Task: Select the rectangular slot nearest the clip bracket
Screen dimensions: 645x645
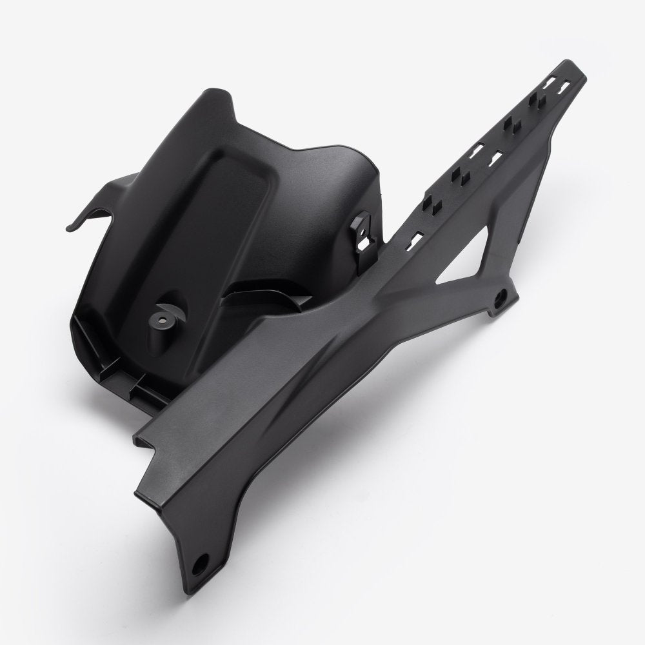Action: tap(415, 240)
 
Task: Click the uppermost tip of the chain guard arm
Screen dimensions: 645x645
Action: tap(568, 64)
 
